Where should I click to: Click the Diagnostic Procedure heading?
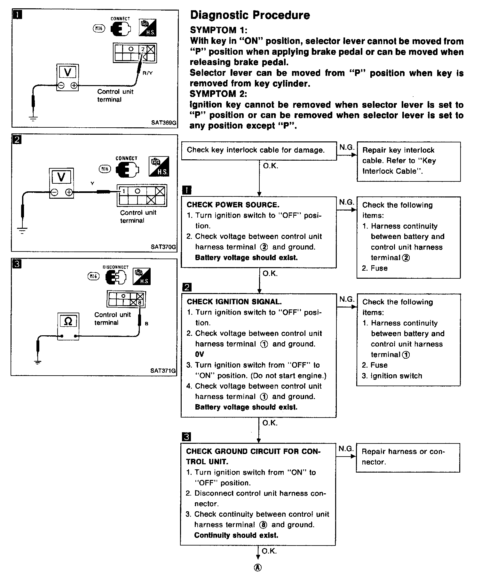click(x=250, y=15)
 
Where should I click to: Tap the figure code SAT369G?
click(x=164, y=123)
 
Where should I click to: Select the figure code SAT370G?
click(x=163, y=247)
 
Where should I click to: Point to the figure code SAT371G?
click(x=163, y=371)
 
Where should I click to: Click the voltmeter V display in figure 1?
click(x=67, y=73)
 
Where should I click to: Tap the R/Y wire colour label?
click(x=147, y=73)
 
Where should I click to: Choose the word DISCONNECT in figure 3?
click(x=115, y=267)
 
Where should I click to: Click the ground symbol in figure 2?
click(x=22, y=230)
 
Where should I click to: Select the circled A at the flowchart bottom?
click(x=258, y=568)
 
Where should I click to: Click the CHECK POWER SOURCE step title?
click(x=233, y=205)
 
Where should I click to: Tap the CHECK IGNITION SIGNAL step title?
click(x=234, y=302)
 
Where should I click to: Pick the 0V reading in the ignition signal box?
click(x=199, y=355)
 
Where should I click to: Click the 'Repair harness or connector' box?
click(x=407, y=457)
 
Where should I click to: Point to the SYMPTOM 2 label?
click(x=218, y=94)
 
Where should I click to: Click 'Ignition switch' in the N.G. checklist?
click(x=396, y=376)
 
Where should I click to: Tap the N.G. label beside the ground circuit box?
click(x=346, y=449)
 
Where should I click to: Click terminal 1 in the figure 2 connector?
click(x=123, y=192)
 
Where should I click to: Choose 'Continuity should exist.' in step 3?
click(x=236, y=535)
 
